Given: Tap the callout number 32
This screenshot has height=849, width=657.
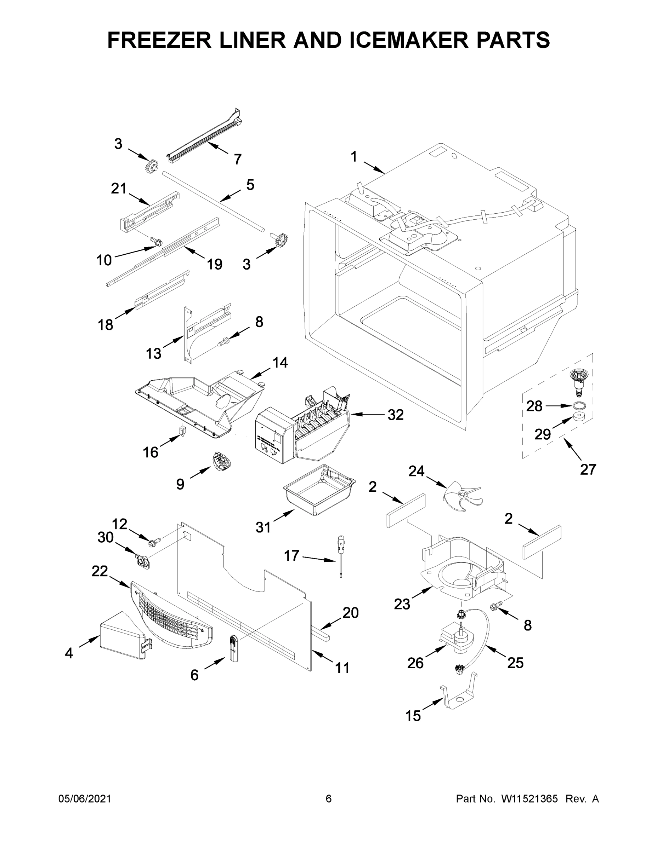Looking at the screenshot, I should pos(396,415).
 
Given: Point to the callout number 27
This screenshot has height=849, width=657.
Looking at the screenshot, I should pos(588,469).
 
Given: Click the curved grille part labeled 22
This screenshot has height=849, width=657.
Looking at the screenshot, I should pos(171,618).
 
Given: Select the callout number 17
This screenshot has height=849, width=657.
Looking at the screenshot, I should pos(291,556).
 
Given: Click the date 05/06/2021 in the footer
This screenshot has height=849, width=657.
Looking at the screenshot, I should pos(84,799).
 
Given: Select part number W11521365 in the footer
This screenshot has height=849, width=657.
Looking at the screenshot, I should pos(529,799).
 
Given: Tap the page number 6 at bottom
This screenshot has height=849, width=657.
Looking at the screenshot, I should pos(329,799).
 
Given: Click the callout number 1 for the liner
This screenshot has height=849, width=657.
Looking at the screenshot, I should pos(353,157).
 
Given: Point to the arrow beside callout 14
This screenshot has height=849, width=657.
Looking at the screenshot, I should pos(259,373).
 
